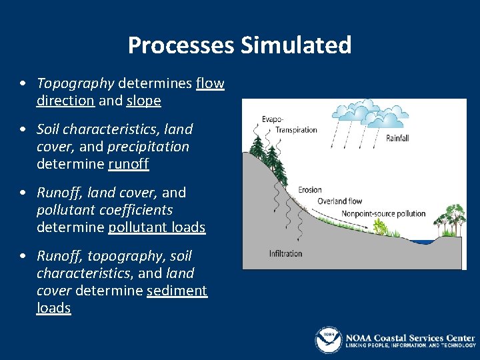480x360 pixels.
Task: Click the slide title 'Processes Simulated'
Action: click(x=239, y=45)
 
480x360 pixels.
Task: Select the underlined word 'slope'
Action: click(x=143, y=101)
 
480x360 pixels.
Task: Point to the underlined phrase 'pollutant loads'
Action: click(x=157, y=227)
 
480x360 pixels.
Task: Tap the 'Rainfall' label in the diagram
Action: click(x=397, y=139)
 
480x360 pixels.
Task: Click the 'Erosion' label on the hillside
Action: click(x=310, y=190)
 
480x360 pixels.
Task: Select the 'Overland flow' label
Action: click(x=339, y=201)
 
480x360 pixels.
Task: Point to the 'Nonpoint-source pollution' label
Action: click(x=383, y=214)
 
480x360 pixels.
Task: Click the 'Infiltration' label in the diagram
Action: click(x=285, y=253)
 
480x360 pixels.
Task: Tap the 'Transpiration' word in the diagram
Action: click(x=296, y=130)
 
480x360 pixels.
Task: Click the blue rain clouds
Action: click(x=377, y=113)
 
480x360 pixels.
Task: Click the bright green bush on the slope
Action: click(x=381, y=227)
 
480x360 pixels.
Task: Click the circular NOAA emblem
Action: click(x=328, y=340)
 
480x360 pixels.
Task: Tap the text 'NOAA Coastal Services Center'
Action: click(x=409, y=337)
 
